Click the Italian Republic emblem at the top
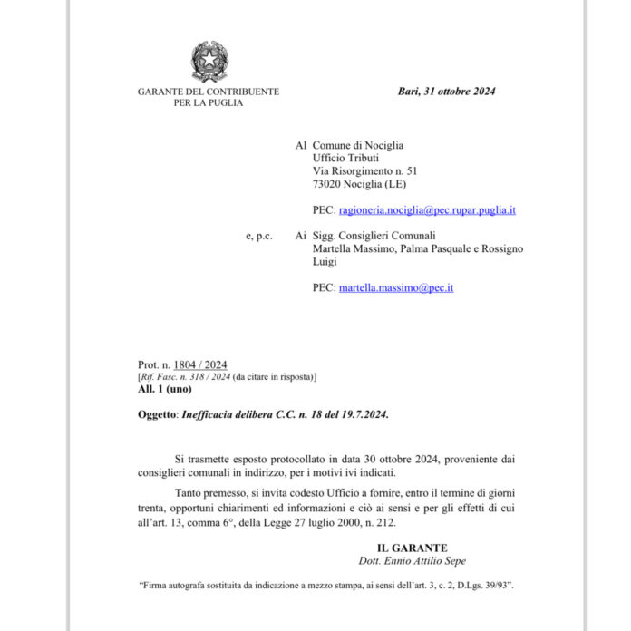pos(209,61)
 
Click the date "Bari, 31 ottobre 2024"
pos(446,92)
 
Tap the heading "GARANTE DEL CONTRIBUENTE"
pos(209,92)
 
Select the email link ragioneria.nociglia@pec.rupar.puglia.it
pos(427,209)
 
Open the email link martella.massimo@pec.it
pos(395,287)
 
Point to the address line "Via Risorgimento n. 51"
pos(364,170)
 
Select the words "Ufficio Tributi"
pos(345,158)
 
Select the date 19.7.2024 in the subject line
pos(363,414)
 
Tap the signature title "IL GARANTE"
pos(413,548)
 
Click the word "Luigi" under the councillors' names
pos(325,261)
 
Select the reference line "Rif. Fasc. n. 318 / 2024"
pos(185,376)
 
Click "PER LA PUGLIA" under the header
pos(209,103)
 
